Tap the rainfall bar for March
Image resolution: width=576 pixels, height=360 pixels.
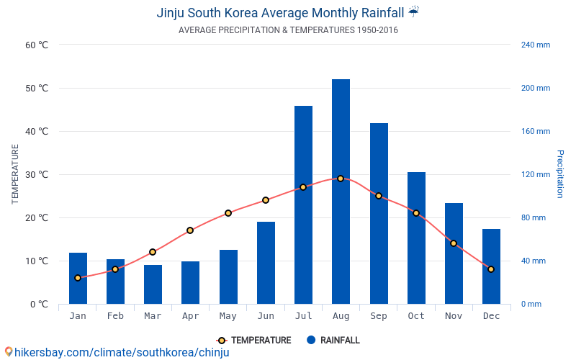tap(153, 284)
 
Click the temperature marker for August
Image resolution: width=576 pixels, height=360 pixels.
tap(341, 179)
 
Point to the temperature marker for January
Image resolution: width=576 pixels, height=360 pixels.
tap(78, 278)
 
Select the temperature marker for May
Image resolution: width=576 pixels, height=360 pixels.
tap(228, 213)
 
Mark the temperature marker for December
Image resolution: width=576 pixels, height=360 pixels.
tap(491, 269)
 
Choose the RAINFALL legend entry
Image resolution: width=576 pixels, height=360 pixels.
tap(333, 341)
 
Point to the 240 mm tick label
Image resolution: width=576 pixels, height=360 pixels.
tap(535, 45)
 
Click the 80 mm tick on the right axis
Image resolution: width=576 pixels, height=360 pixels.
tap(534, 217)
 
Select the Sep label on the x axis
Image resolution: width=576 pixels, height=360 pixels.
tap(379, 316)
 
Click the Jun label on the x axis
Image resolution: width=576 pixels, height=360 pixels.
tap(266, 316)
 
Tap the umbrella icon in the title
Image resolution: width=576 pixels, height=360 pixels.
tap(413, 12)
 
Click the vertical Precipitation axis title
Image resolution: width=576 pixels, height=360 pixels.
tap(559, 174)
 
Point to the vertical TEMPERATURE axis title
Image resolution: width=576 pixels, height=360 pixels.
tap(15, 174)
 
